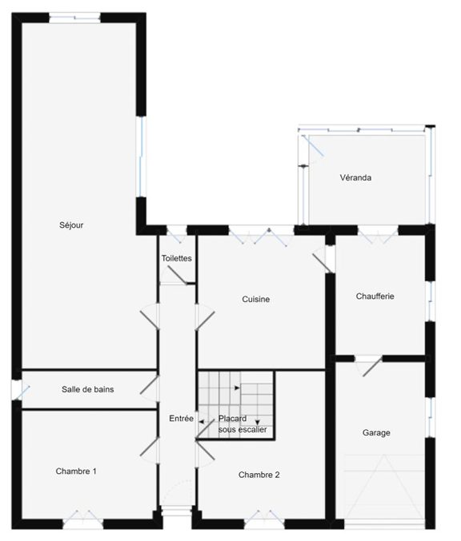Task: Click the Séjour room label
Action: (x=71, y=225)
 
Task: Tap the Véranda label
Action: (x=355, y=177)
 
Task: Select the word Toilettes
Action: (x=177, y=258)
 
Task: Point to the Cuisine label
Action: (x=256, y=299)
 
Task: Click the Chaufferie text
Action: (x=375, y=296)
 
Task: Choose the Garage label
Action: (x=376, y=432)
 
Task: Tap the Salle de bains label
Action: (x=88, y=389)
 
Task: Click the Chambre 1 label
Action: (x=76, y=471)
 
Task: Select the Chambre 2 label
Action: (x=259, y=475)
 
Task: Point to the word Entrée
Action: (x=182, y=419)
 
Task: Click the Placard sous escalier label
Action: (x=243, y=424)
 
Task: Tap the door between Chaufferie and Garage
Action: (x=369, y=366)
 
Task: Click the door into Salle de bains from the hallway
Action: (x=150, y=389)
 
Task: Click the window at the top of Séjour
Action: (x=74, y=18)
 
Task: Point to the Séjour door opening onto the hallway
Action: (x=150, y=316)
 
